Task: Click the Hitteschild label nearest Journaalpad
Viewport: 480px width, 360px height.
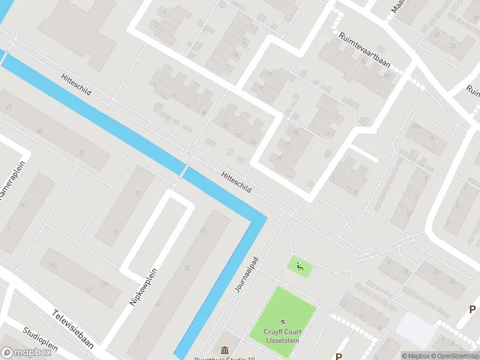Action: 236,180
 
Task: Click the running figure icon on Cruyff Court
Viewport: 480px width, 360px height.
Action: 283,322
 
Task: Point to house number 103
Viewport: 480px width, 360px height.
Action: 53,265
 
